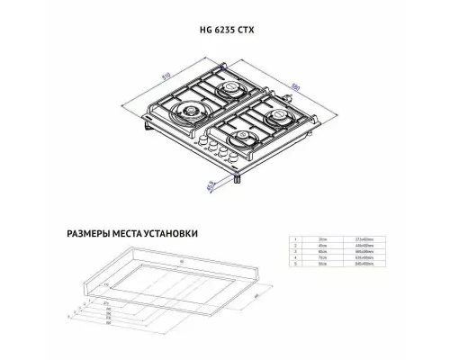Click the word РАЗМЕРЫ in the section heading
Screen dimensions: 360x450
click(x=94, y=233)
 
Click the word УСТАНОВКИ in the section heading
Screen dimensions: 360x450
click(x=167, y=233)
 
